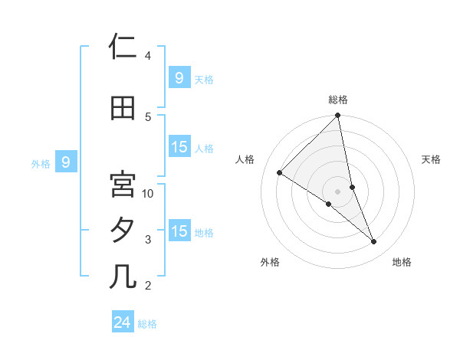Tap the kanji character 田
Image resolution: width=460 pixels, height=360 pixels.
[x=123, y=108]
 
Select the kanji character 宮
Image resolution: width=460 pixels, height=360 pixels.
[x=123, y=185]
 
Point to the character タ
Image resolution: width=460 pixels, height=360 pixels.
[x=123, y=231]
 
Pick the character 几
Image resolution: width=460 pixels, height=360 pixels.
[x=123, y=277]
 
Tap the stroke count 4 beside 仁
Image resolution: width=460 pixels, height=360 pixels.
[x=148, y=56]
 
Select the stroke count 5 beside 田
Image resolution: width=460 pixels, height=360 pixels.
[x=148, y=117]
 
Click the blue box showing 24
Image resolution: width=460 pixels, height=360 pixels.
[x=123, y=322]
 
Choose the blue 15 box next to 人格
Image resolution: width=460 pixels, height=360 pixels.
[x=179, y=147]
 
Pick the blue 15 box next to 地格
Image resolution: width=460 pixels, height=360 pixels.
[x=179, y=231]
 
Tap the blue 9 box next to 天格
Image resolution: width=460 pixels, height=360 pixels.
[x=179, y=77]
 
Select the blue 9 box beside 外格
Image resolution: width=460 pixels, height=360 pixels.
[x=66, y=162]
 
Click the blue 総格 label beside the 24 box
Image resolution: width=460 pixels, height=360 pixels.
[x=147, y=324]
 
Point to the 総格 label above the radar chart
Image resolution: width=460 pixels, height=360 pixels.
[x=338, y=100]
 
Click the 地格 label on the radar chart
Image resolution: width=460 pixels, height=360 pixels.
[x=402, y=263]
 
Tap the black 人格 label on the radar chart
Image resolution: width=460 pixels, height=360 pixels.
[x=245, y=159]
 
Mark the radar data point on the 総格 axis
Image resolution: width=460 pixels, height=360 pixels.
[x=338, y=116]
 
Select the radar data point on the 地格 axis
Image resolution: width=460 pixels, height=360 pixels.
[x=374, y=242]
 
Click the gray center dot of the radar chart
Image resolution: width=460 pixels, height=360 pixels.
[x=338, y=191]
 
